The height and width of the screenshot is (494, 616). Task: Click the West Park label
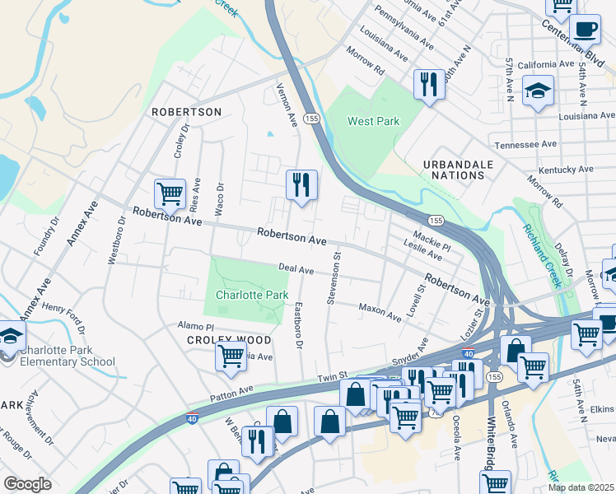pos(373,121)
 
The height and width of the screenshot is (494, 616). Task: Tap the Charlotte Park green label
pos(252,295)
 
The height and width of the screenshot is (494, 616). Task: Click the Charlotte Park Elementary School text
pos(68,356)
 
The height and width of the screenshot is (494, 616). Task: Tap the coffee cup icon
pos(585,30)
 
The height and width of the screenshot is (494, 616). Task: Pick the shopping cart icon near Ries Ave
pos(170,194)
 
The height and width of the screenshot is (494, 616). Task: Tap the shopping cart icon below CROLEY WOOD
pos(231,357)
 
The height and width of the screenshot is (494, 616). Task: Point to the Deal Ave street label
pos(296,269)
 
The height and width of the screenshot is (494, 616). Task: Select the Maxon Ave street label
pos(380,311)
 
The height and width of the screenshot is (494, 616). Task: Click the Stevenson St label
pos(335,278)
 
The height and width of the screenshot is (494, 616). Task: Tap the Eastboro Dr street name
pos(300,324)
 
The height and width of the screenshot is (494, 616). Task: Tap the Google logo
pos(27,483)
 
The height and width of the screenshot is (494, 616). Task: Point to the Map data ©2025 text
pos(581,487)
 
